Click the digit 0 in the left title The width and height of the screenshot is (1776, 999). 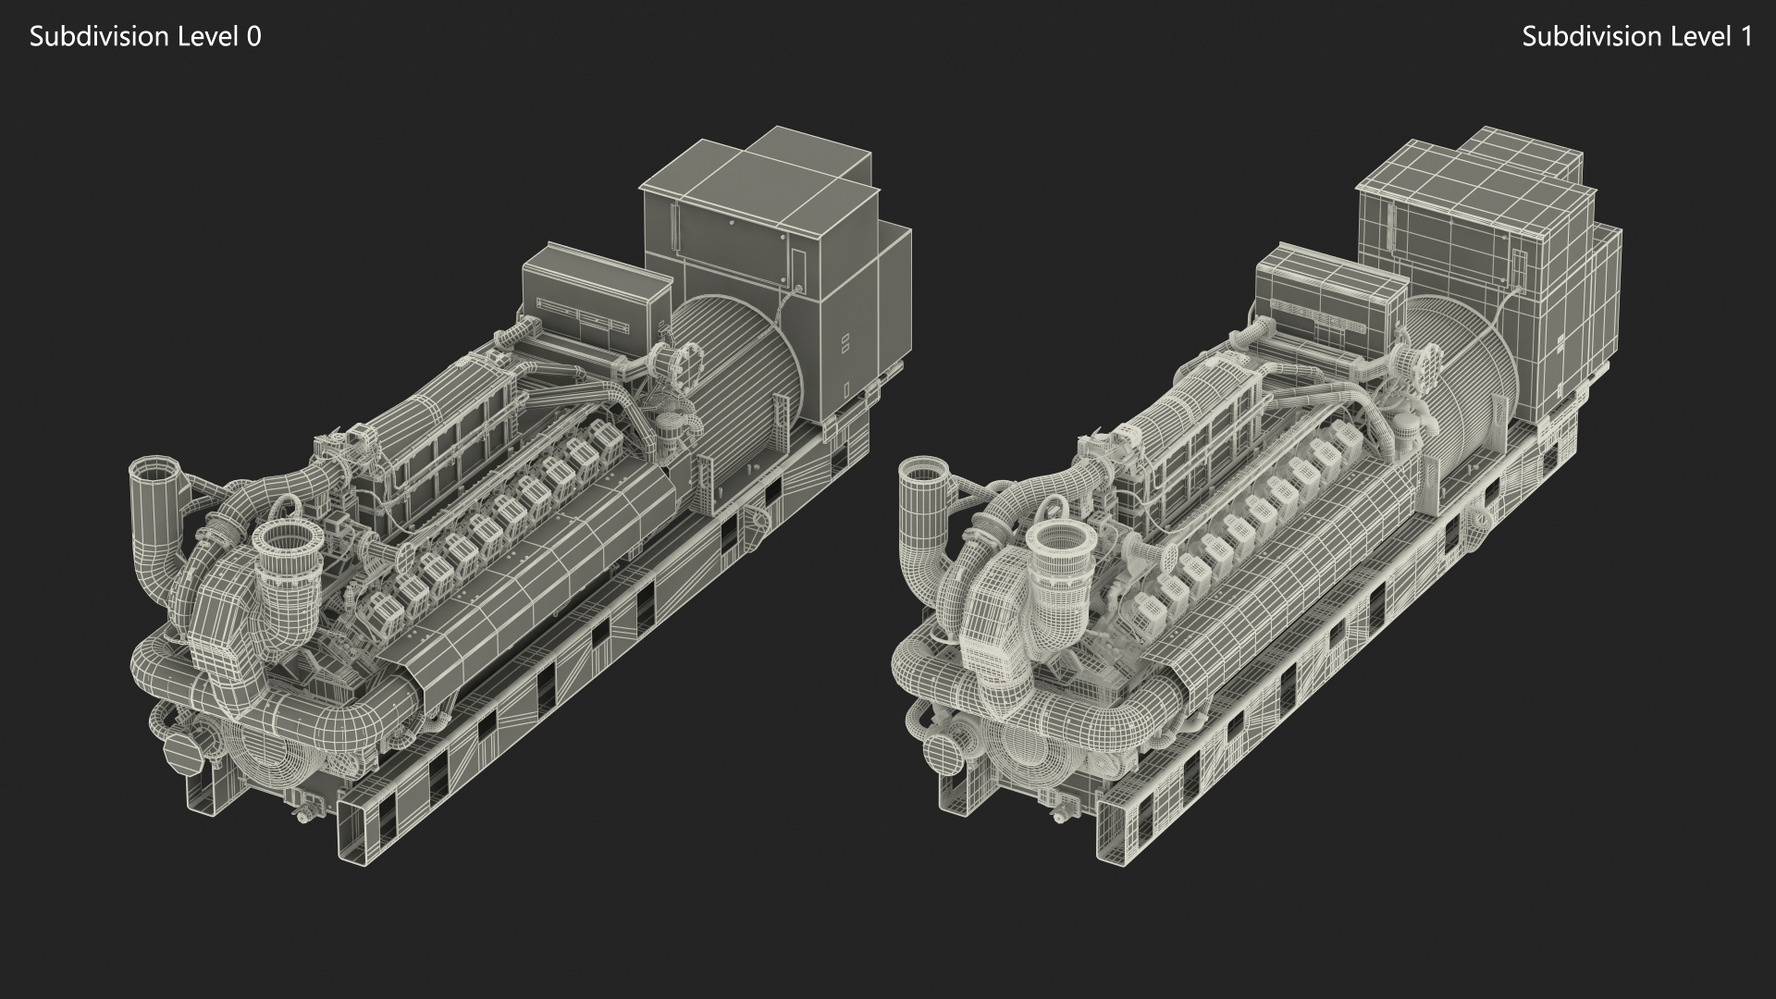(x=253, y=37)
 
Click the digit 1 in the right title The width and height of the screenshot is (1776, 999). (x=1745, y=37)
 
